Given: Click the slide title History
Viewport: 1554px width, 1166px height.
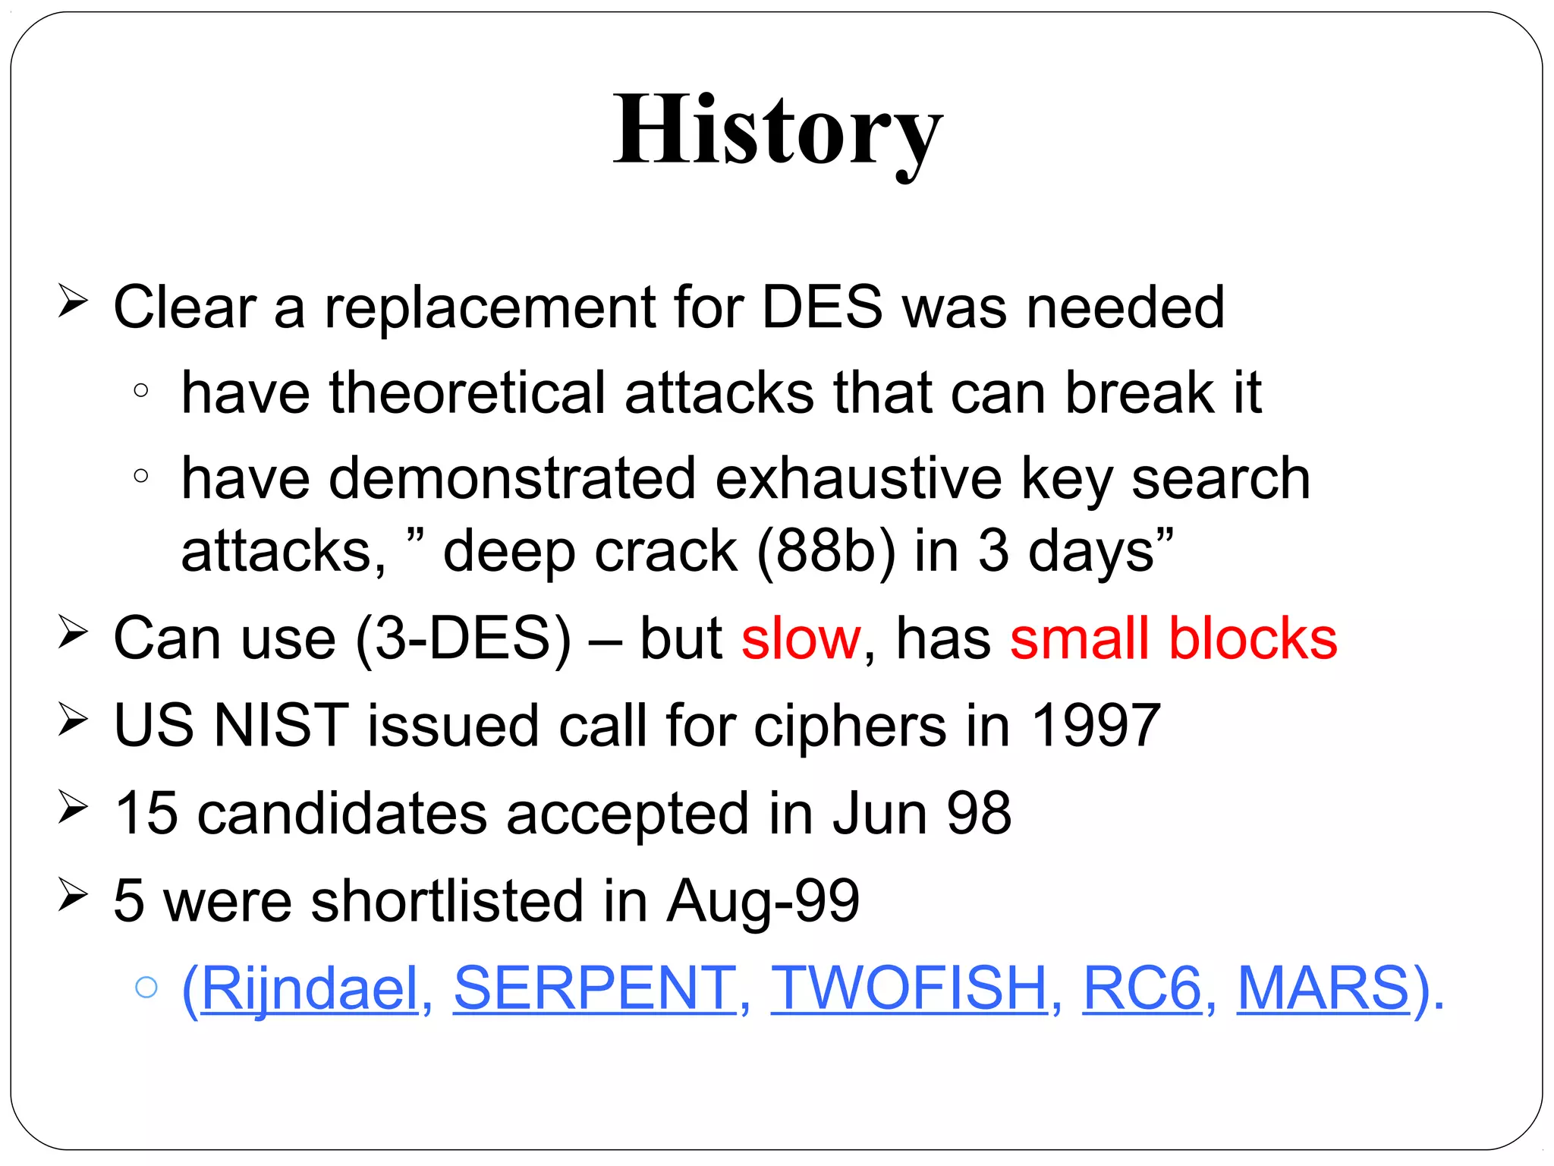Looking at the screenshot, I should pos(778,131).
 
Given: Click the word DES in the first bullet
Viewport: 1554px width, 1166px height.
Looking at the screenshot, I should pos(822,307).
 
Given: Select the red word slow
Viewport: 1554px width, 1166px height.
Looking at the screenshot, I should pos(801,638).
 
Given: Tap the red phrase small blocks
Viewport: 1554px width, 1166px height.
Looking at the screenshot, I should pos(1173,638).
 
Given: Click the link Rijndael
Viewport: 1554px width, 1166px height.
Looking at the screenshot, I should pos(310,988).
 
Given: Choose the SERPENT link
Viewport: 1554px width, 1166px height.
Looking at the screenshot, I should pos(595,988).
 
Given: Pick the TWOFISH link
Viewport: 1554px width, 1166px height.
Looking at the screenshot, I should pos(909,988).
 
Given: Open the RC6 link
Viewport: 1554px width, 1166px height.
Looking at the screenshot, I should pos(1142,988).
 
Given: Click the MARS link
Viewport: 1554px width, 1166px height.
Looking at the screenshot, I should pos(1323,988).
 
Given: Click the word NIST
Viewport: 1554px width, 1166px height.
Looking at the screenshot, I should pos(281,726).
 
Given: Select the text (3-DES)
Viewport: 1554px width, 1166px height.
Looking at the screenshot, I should pos(463,638).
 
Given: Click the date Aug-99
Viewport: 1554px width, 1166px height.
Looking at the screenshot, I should pos(763,901).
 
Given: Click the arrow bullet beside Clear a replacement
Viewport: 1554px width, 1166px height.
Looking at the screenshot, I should pos(73,303).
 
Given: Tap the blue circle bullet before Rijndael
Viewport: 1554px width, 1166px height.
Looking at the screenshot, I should pos(146,987).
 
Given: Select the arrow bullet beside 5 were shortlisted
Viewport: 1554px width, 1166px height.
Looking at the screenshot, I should pos(73,896).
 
